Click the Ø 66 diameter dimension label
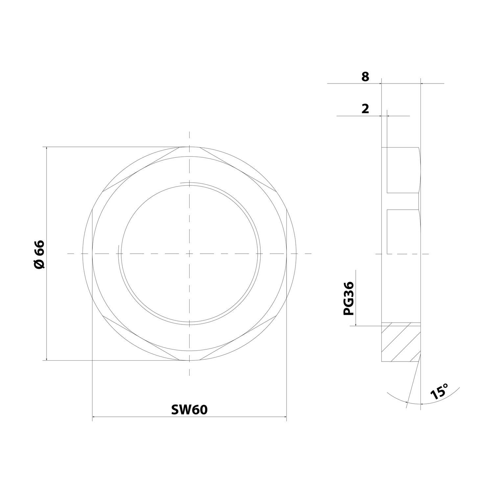(x=39, y=254)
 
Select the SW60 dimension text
(x=189, y=410)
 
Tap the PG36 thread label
(x=349, y=298)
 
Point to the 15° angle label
(x=439, y=391)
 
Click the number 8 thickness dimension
(x=365, y=77)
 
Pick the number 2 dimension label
(x=365, y=109)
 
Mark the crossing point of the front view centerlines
(x=189, y=254)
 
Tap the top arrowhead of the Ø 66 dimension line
(x=47, y=149)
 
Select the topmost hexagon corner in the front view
(x=189, y=147)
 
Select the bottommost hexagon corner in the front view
(x=189, y=361)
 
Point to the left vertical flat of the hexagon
(x=92, y=254)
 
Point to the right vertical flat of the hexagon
(x=287, y=254)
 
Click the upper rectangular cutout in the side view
(x=403, y=170)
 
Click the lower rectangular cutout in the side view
(x=403, y=232)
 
